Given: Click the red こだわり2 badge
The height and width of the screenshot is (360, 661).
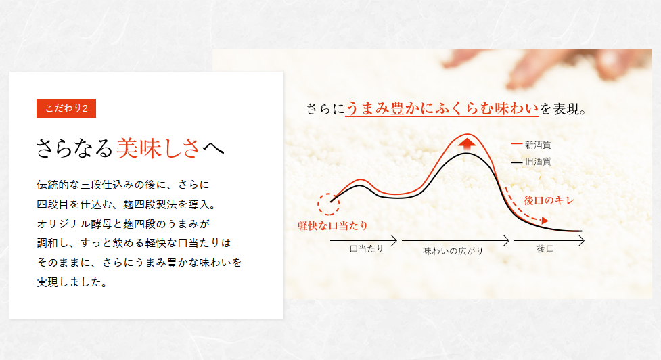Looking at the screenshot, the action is pyautogui.click(x=66, y=108).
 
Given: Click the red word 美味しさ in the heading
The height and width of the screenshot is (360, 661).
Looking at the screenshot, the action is pyautogui.click(x=158, y=148).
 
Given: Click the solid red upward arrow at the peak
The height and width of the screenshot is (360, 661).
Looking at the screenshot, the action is pyautogui.click(x=467, y=144).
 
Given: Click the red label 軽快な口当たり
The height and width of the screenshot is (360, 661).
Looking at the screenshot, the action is pyautogui.click(x=333, y=225).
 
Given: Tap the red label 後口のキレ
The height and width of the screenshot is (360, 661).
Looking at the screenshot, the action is pyautogui.click(x=549, y=200).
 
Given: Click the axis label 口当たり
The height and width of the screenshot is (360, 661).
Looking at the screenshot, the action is pyautogui.click(x=366, y=249).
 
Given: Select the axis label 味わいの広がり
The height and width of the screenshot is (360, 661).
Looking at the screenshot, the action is pyautogui.click(x=453, y=251).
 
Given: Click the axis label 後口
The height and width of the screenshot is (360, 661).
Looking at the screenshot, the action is pyautogui.click(x=545, y=249).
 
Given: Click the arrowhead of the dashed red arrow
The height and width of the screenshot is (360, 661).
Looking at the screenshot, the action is pyautogui.click(x=545, y=221).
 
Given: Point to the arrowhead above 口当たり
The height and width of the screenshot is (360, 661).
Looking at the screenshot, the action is pyautogui.click(x=394, y=241).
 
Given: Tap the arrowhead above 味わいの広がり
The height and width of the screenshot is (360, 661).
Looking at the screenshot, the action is pyautogui.click(x=506, y=241).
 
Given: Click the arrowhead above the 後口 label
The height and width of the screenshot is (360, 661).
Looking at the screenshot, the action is pyautogui.click(x=581, y=241).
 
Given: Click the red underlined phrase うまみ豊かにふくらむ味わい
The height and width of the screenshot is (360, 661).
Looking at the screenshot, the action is pyautogui.click(x=442, y=108).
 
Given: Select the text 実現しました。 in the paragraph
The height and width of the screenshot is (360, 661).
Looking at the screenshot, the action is pyautogui.click(x=72, y=282).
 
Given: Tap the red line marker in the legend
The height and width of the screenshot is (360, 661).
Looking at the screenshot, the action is pyautogui.click(x=517, y=144).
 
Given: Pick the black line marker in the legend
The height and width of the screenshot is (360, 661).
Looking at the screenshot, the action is pyautogui.click(x=517, y=162).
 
